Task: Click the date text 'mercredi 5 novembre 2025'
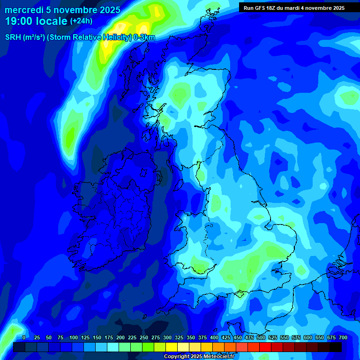click(62, 10)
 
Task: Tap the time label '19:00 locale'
click(36, 21)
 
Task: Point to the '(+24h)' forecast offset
click(81, 21)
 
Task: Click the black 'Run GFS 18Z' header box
click(294, 7)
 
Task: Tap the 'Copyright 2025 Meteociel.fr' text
click(199, 357)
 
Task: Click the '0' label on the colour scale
click(24, 337)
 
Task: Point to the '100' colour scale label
click(74, 337)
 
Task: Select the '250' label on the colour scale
click(144, 337)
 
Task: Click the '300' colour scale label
click(167, 337)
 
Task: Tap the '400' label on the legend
click(214, 337)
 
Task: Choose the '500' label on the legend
click(261, 337)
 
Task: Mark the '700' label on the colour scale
click(343, 337)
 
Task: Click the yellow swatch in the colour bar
click(172, 347)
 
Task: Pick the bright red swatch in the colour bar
click(266, 347)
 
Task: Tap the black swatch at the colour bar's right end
click(336, 347)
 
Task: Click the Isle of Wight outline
click(240, 294)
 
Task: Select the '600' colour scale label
click(308, 337)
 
